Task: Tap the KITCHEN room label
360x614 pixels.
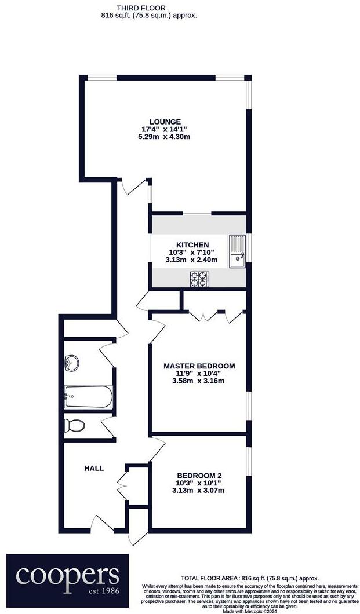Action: tap(185, 245)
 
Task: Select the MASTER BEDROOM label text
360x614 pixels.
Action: tap(199, 366)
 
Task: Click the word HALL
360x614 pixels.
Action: tap(94, 468)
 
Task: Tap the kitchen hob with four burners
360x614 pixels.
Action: tap(199, 280)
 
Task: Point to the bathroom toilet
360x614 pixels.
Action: tap(75, 426)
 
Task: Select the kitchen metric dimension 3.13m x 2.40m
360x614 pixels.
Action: tap(193, 260)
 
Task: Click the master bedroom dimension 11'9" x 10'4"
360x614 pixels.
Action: tap(199, 374)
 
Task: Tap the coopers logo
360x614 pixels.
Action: tap(68, 576)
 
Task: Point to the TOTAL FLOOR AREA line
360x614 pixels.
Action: tap(250, 578)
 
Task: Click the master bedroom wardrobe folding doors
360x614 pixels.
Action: tap(212, 315)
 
